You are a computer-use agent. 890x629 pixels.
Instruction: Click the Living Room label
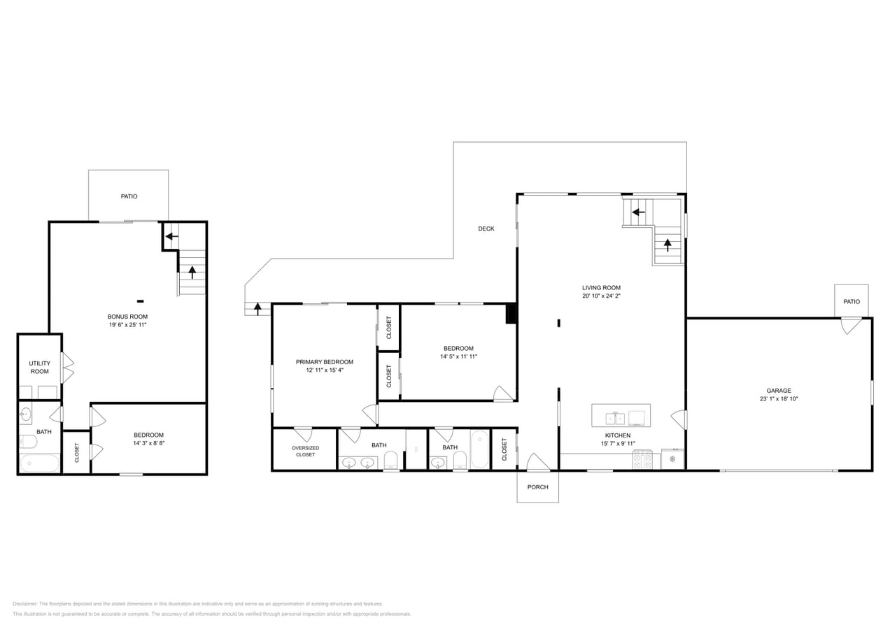click(x=601, y=288)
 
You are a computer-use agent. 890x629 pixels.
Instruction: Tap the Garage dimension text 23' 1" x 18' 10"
click(x=779, y=399)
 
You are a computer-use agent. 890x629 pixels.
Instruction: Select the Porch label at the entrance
click(x=537, y=487)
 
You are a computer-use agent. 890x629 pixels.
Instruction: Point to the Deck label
click(x=486, y=229)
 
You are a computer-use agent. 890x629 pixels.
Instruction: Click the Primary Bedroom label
click(x=325, y=362)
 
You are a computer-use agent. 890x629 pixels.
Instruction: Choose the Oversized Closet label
click(x=305, y=451)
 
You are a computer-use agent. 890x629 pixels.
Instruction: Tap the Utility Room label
click(x=40, y=368)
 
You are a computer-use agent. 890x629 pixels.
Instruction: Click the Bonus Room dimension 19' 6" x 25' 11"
click(x=127, y=324)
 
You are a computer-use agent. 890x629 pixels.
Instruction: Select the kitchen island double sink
click(x=615, y=418)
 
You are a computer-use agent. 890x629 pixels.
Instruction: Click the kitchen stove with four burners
click(x=642, y=460)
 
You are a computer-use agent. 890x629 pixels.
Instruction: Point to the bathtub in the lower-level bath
click(x=40, y=463)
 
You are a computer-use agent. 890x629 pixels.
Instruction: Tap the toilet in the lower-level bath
click(x=28, y=441)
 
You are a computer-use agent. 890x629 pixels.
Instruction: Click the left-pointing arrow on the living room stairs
click(x=639, y=212)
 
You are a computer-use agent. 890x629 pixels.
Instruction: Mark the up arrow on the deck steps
click(x=258, y=309)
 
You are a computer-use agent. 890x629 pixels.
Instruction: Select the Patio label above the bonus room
click(x=129, y=196)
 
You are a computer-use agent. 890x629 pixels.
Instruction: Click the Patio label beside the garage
click(x=852, y=302)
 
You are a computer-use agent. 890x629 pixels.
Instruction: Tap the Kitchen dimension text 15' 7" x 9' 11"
click(x=618, y=443)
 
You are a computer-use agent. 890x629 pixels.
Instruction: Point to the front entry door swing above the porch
click(x=538, y=462)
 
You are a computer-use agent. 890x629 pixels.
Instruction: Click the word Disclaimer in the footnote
click(x=24, y=604)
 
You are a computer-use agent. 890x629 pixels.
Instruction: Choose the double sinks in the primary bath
click(x=358, y=463)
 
